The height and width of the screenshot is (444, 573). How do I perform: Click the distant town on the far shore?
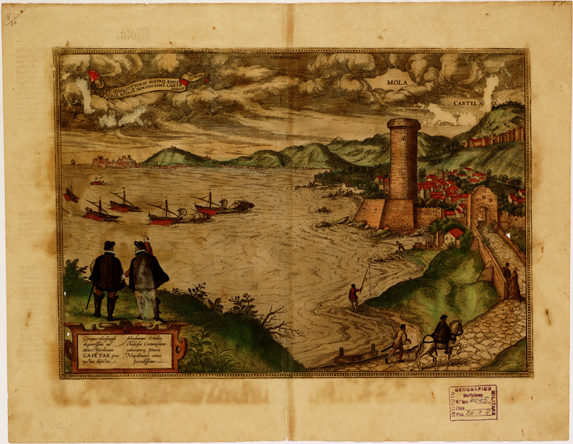pyautogui.click(x=113, y=163)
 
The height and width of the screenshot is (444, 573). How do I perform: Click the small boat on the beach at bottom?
pyautogui.click(x=360, y=358)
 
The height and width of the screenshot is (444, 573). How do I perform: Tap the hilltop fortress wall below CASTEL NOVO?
pyautogui.click(x=494, y=138)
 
